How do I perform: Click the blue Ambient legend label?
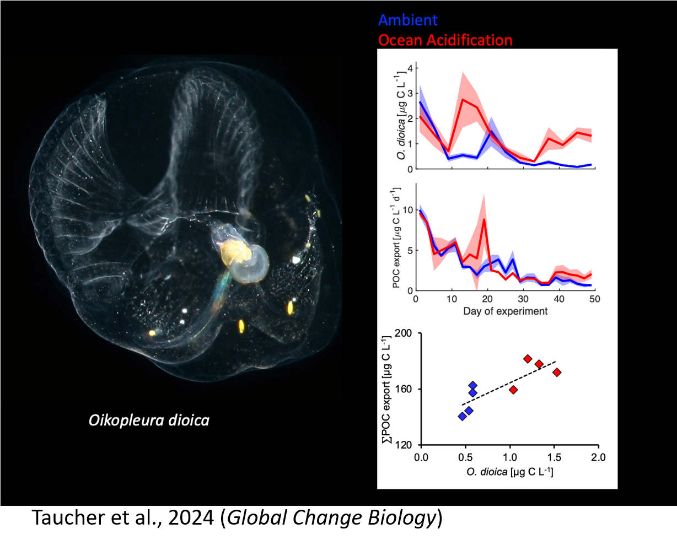point(408,20)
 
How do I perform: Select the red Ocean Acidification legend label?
point(445,40)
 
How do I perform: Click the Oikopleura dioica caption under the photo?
point(149,420)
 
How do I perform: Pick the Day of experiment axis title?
point(506,311)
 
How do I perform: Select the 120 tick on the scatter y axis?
point(405,445)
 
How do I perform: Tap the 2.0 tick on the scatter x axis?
point(598,457)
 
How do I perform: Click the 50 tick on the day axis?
point(595,299)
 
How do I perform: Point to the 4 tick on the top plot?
point(410,68)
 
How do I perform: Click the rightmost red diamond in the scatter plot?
point(557,373)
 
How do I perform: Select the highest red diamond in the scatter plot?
point(528,359)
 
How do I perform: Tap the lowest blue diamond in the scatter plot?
point(462,416)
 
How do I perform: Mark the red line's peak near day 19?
point(484,219)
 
